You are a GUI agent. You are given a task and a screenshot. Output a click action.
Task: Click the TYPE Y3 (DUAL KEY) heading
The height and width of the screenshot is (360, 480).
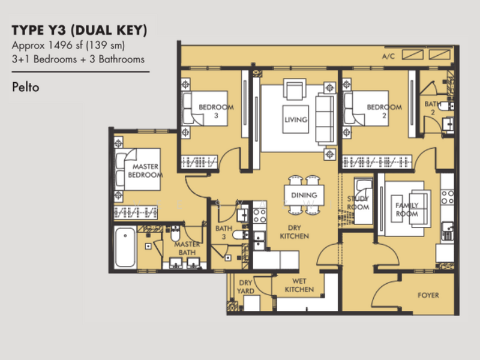(x=80, y=31)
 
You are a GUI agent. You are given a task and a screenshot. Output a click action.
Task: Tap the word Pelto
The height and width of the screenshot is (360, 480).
(x=26, y=87)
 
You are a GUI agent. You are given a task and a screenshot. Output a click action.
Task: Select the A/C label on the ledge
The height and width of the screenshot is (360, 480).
(x=388, y=56)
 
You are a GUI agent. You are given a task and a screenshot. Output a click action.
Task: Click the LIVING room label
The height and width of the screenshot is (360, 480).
(x=296, y=119)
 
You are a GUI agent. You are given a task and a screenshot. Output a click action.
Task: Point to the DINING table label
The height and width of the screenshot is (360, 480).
(x=304, y=195)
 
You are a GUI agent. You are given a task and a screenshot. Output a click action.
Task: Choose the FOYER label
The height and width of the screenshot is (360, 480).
(x=428, y=295)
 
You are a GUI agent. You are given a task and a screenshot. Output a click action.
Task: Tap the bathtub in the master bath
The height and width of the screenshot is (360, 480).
(x=125, y=247)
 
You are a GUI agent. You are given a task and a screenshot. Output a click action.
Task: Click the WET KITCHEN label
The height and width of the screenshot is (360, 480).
(x=299, y=286)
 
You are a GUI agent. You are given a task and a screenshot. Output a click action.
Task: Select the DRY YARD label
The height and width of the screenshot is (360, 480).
(x=245, y=287)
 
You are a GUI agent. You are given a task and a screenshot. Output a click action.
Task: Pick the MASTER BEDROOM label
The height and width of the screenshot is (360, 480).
(x=145, y=171)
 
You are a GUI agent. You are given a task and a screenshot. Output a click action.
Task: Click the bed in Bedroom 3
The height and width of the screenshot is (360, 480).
(x=205, y=108)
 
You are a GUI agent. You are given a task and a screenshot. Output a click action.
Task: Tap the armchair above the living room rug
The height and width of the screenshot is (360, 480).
(x=295, y=89)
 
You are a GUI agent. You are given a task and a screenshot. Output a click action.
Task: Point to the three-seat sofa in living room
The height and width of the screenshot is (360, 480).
(x=325, y=119)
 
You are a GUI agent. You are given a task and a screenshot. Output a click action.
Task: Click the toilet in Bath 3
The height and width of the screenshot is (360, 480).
(x=239, y=235)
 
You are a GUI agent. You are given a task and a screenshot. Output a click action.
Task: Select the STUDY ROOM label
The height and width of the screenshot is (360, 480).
(x=358, y=203)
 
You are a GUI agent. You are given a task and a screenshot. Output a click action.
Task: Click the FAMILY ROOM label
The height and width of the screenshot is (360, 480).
(x=407, y=209)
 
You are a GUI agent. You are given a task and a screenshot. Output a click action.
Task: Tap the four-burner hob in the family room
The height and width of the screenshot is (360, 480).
(x=447, y=197)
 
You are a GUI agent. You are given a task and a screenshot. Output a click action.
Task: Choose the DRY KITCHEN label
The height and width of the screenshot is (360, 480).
(x=295, y=232)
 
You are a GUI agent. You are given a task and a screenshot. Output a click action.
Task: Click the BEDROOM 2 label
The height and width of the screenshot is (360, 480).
(x=384, y=112)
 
